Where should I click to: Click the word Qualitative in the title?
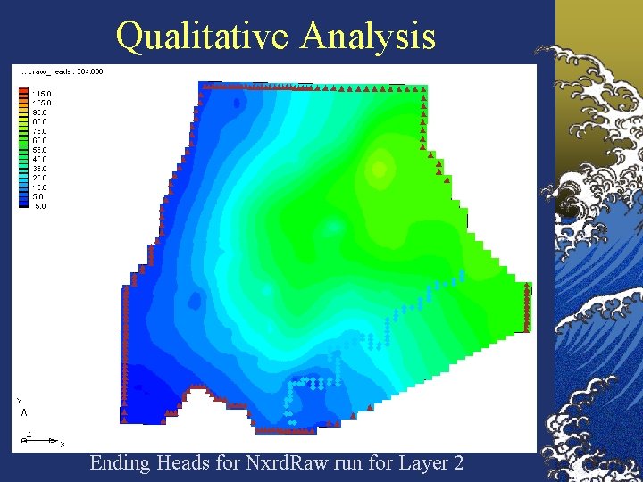[205, 37]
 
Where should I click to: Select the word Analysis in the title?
[368, 37]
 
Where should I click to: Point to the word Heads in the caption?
[183, 463]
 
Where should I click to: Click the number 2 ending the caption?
[458, 463]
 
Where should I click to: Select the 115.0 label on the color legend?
[43, 93]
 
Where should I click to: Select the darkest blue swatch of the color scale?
[23, 204]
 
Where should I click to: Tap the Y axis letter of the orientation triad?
[20, 401]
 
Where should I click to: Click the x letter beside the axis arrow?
[63, 443]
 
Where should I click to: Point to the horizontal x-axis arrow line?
[45, 441]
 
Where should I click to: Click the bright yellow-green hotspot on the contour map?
[380, 167]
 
